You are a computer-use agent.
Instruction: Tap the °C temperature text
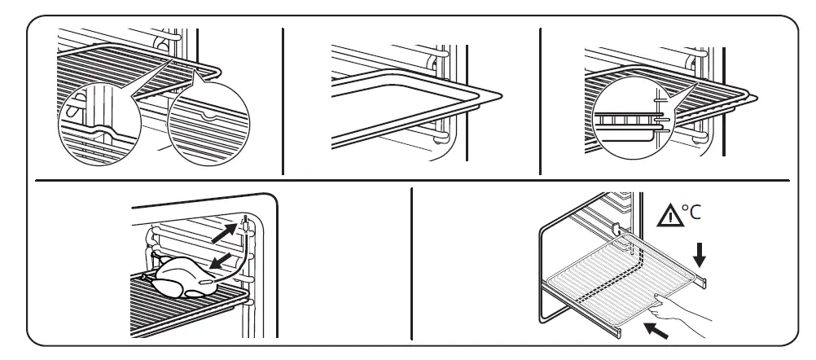click(689, 214)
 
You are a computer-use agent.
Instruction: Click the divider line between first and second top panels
click(283, 102)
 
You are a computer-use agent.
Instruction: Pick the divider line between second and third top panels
click(540, 102)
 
